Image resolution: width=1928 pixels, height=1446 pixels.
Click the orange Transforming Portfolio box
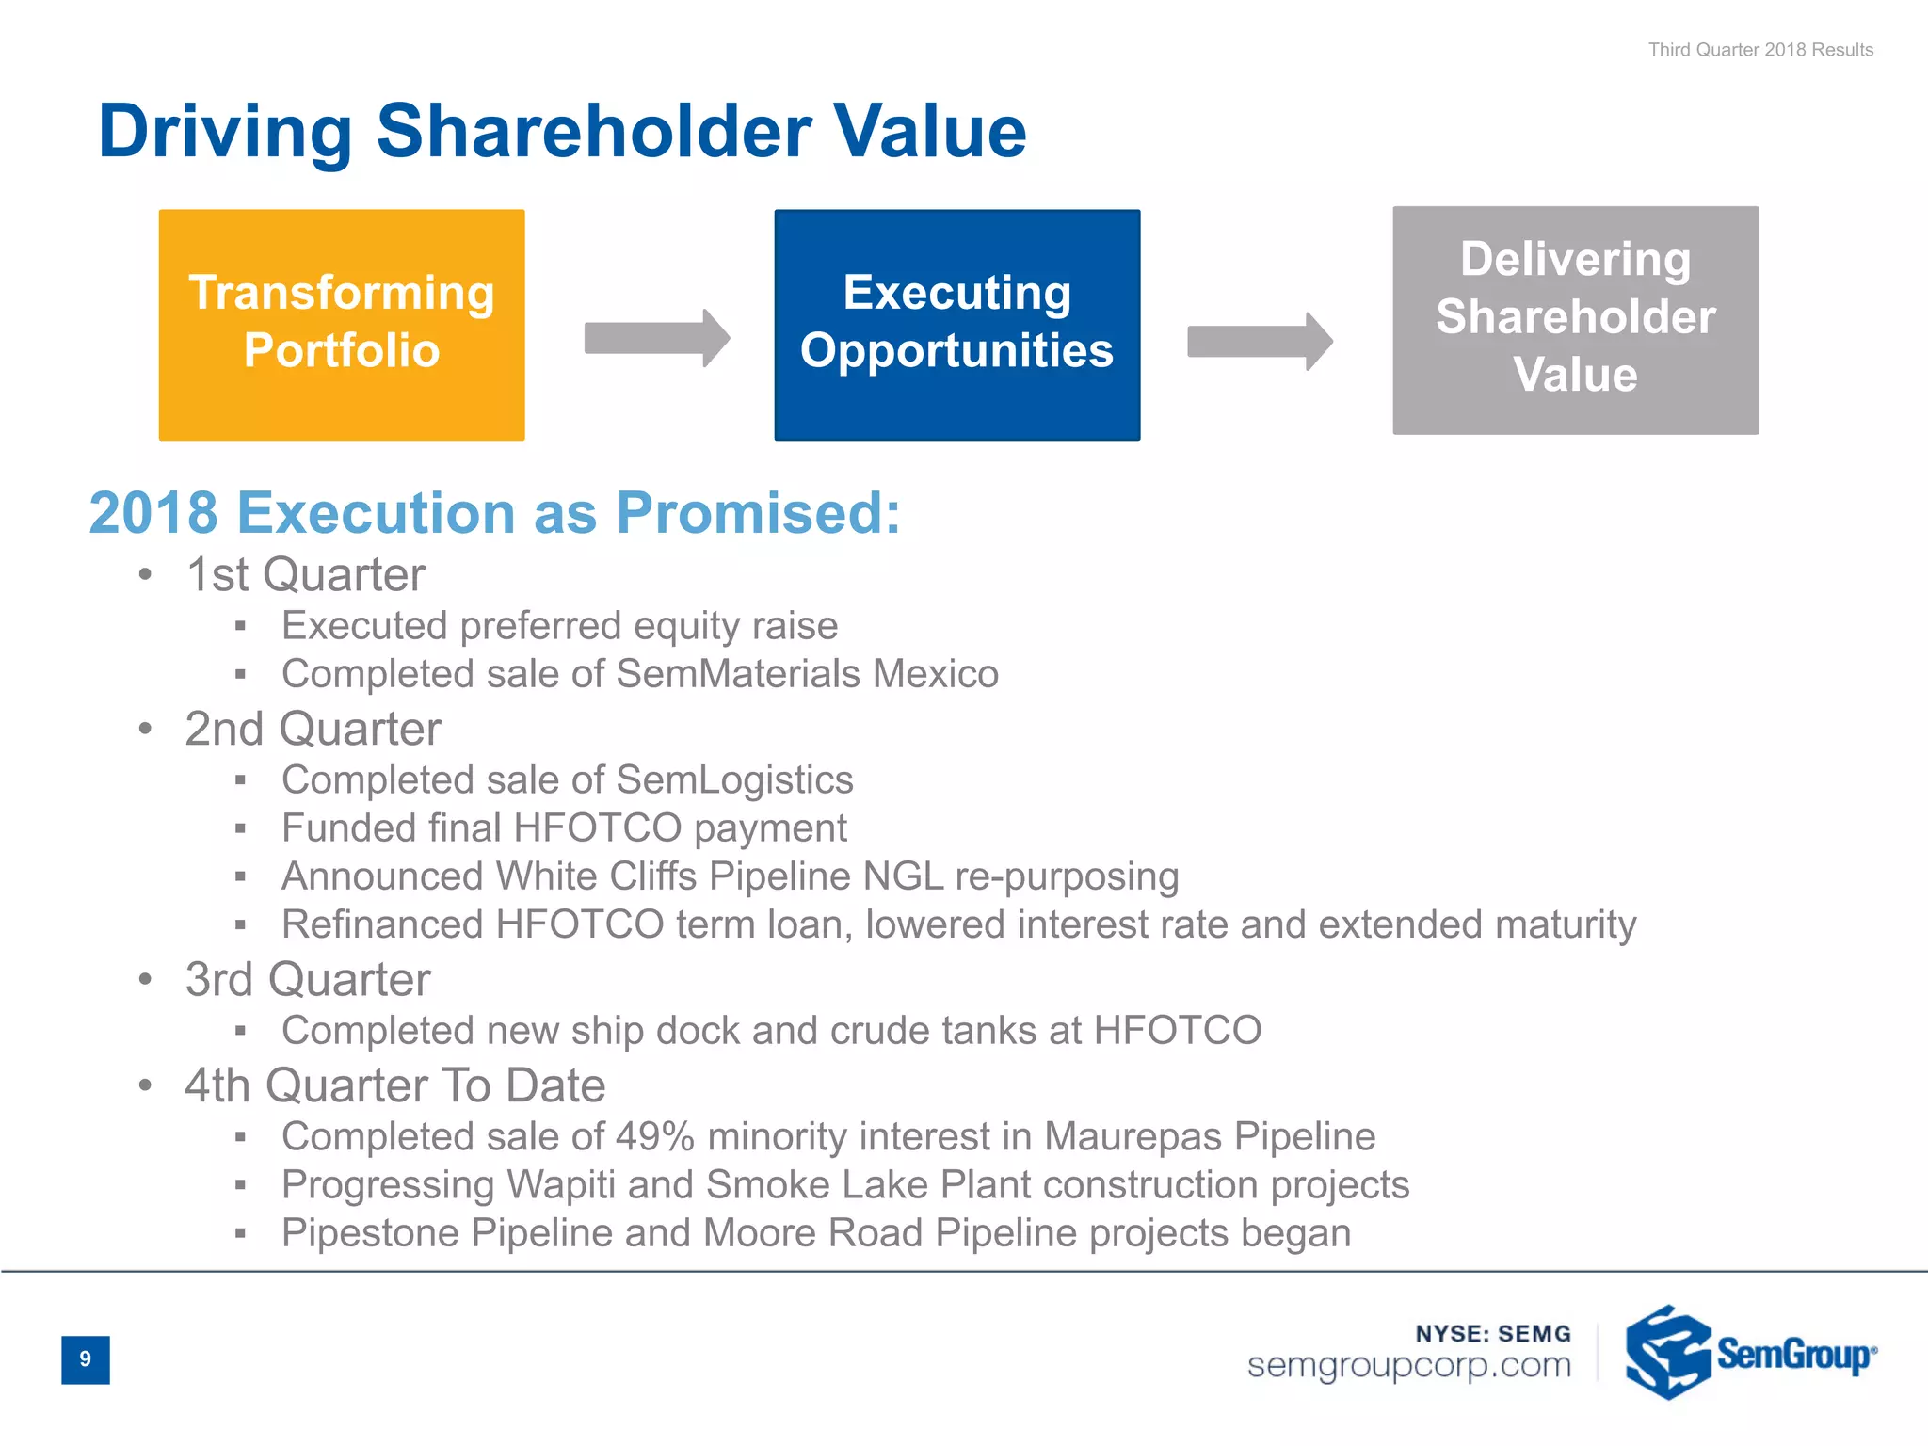342,324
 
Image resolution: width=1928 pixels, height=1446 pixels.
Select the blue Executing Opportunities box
956,324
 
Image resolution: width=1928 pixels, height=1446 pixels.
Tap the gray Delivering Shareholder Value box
1575,320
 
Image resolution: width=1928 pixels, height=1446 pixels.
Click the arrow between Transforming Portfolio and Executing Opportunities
656,338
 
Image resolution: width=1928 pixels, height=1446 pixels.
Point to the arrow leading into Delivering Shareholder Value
1260,341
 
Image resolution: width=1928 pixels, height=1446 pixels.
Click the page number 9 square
86,1359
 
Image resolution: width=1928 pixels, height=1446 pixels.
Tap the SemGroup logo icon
1667,1352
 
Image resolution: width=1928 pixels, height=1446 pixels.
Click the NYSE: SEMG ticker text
1493,1333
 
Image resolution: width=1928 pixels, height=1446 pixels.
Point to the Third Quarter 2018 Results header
1760,50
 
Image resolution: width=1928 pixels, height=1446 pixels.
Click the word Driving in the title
225,132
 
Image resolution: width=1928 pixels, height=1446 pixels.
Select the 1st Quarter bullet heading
306,574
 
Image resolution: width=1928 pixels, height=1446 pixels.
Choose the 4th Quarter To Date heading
395,1085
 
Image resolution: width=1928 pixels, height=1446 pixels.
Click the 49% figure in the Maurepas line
654,1136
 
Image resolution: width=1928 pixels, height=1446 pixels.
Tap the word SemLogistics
734,779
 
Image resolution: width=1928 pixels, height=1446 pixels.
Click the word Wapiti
561,1184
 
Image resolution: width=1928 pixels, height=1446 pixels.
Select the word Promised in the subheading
758,513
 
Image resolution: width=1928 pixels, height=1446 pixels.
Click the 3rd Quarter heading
308,979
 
